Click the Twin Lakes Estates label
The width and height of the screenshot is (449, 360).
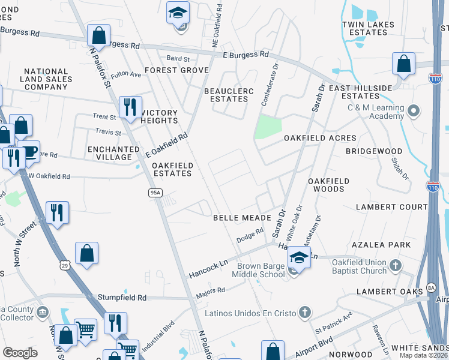point(368,28)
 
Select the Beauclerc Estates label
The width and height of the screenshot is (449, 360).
point(229,95)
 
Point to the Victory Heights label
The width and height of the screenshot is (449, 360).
point(159,116)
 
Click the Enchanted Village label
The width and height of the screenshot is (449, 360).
point(109,153)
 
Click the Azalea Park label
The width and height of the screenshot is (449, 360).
point(382,245)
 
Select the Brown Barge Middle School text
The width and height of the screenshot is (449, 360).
point(261,270)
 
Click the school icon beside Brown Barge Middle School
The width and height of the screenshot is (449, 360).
point(298,259)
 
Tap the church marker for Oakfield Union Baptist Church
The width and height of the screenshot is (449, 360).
point(395,265)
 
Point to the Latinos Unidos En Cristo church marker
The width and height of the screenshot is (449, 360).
point(305,312)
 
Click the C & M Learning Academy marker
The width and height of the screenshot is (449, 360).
point(412,111)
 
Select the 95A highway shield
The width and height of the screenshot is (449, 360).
point(154,192)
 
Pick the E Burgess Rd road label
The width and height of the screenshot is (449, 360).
point(246,54)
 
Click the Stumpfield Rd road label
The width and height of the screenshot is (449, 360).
point(122,297)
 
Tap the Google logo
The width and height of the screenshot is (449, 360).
point(20,353)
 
